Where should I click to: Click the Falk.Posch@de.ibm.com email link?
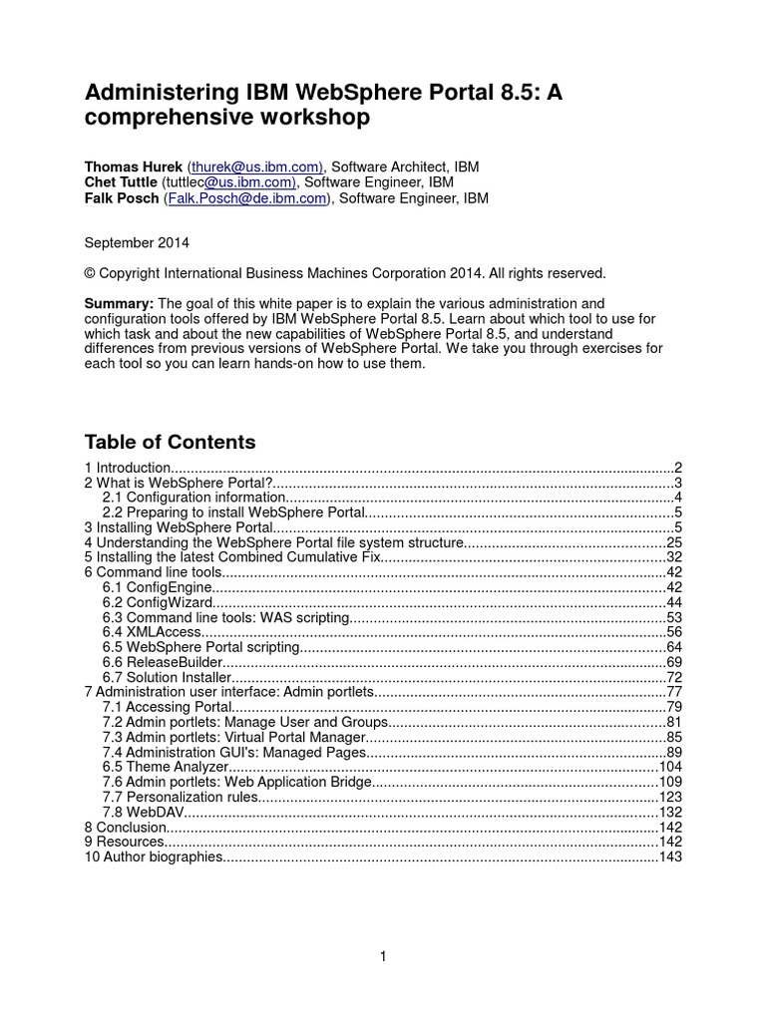pos(257,198)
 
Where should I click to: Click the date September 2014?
pos(137,241)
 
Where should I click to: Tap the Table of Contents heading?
pos(170,442)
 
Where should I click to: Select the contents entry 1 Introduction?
pos(128,468)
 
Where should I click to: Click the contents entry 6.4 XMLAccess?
pos(141,632)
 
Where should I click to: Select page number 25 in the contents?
pos(673,542)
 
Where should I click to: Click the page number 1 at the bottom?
pos(383,957)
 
